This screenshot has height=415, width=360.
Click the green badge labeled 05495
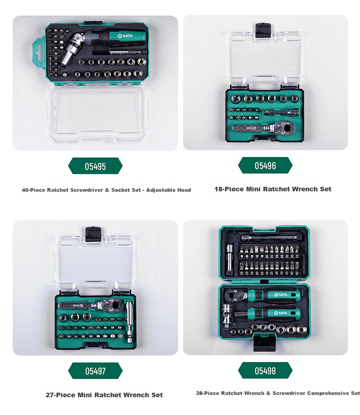point(95,166)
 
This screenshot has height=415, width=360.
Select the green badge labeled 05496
point(265,165)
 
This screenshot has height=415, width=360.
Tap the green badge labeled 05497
point(95,371)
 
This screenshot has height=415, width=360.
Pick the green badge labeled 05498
point(265,370)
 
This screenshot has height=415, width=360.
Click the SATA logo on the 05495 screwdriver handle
point(125,36)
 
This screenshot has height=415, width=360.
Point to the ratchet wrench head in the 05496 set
point(285,128)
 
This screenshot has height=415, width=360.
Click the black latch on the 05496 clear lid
point(263,30)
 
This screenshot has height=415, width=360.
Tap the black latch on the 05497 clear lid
point(93,234)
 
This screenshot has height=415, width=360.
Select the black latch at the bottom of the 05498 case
point(265,343)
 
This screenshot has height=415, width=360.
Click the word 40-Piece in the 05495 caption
point(34,190)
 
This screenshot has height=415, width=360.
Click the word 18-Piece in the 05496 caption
point(229,189)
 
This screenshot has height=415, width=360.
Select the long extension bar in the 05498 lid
point(269,238)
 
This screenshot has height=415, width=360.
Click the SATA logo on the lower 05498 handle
point(281,313)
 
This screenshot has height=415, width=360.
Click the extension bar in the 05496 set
point(281,112)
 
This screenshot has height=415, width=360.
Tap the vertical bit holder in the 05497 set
point(129,322)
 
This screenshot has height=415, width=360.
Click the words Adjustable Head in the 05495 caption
point(169,190)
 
